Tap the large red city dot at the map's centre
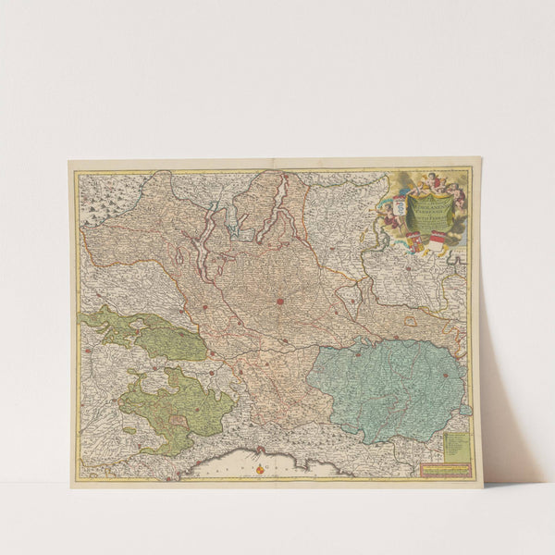click(279, 301)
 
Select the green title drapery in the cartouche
click(425, 209)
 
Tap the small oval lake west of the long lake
click(179, 257)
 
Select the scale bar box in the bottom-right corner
click(446, 469)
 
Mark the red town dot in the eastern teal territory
click(445, 375)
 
